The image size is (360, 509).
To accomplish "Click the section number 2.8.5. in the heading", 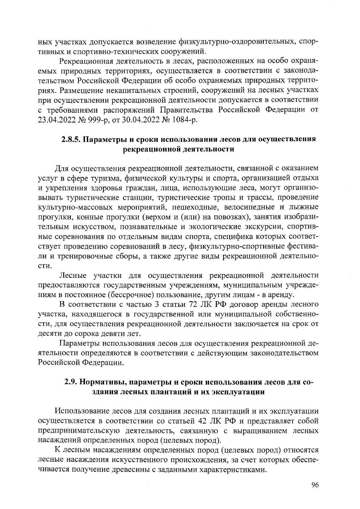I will click(x=70, y=139).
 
